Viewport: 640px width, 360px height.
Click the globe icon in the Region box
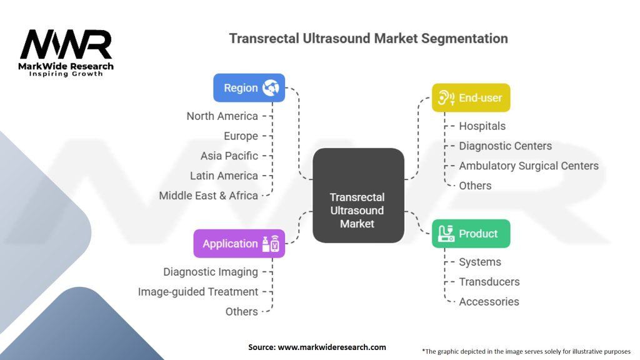click(x=271, y=87)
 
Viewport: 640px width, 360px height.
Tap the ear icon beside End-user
click(x=446, y=98)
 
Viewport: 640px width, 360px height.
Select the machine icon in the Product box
click(x=446, y=234)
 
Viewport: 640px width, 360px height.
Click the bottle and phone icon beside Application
click(x=271, y=244)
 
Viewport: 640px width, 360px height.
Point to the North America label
click(x=222, y=116)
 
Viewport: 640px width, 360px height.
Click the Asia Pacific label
click(x=229, y=156)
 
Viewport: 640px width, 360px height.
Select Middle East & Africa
click(x=208, y=196)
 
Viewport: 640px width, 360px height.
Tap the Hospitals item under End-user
click(x=482, y=126)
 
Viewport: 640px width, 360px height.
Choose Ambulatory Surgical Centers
click(x=529, y=166)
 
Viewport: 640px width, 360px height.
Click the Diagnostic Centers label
click(x=505, y=146)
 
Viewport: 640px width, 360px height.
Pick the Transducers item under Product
click(x=489, y=282)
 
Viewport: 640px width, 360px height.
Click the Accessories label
click(x=489, y=302)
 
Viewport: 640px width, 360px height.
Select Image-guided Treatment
click(x=198, y=292)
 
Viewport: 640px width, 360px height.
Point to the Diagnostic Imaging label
click(x=211, y=272)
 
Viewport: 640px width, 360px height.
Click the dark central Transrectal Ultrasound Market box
click(x=358, y=196)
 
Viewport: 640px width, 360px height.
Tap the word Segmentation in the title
click(x=464, y=38)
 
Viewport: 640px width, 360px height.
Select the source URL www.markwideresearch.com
click(x=332, y=347)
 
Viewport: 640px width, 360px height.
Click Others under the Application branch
click(x=242, y=312)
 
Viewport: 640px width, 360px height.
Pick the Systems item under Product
click(x=480, y=262)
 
